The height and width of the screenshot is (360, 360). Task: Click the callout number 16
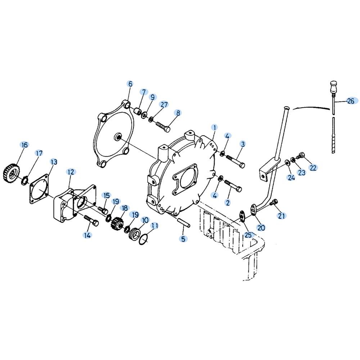click(24, 145)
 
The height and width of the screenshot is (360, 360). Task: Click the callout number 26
click(351, 101)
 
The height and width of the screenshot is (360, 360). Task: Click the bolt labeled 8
click(163, 126)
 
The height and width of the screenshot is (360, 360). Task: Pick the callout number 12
click(71, 172)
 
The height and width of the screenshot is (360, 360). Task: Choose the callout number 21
click(281, 216)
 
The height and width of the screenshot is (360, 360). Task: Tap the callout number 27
click(165, 105)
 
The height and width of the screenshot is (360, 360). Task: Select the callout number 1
click(215, 127)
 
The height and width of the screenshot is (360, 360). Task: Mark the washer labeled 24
click(287, 162)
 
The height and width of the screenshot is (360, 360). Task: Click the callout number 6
click(130, 84)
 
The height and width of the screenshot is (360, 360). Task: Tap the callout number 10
click(145, 220)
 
